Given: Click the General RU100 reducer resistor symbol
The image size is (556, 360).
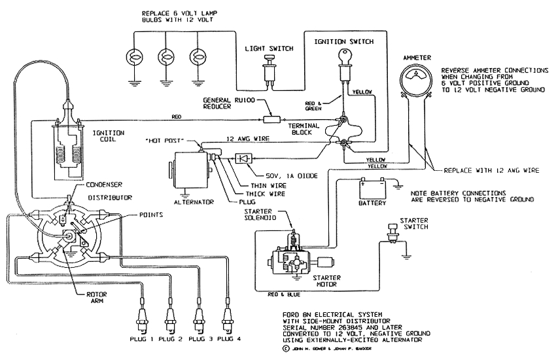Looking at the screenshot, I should [x=271, y=120].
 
